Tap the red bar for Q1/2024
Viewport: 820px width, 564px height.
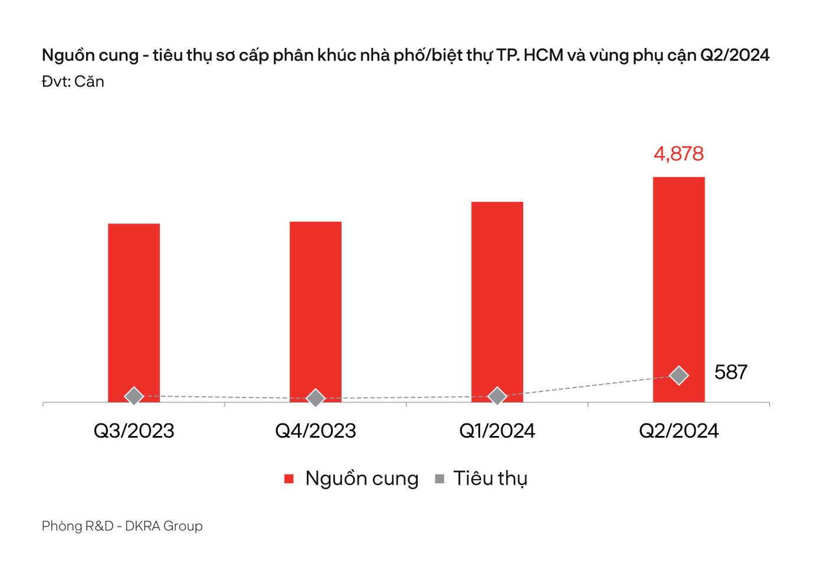point(497,295)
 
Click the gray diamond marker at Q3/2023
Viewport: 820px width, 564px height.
point(134,396)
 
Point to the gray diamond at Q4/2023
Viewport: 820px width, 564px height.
point(316,398)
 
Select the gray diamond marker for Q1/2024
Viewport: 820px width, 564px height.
point(497,396)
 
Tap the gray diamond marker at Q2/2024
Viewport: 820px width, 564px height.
point(679,375)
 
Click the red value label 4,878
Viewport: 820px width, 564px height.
point(678,154)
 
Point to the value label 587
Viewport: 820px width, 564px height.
point(730,372)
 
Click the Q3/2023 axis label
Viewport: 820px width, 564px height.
point(134,431)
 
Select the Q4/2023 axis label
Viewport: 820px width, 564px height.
point(316,431)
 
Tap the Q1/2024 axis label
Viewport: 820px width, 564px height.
point(497,431)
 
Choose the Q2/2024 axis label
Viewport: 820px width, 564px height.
point(678,431)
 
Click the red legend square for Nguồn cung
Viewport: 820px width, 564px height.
point(289,479)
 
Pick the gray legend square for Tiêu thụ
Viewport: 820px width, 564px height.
point(439,479)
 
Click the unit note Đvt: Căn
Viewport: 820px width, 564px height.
point(73,81)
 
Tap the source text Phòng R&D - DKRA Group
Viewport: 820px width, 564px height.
point(122,526)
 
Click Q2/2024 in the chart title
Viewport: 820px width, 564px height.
point(734,55)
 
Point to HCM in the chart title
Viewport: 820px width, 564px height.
point(543,55)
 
